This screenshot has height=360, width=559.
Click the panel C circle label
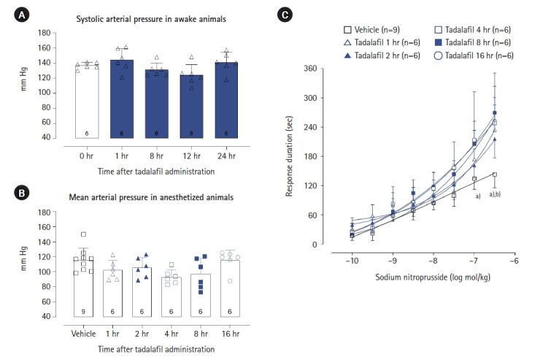pos(287,15)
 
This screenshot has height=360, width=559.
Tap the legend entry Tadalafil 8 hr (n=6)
pos(475,42)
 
